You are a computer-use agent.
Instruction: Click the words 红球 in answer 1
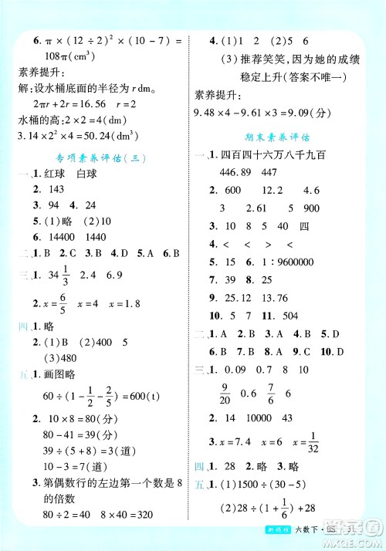tap(49, 175)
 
